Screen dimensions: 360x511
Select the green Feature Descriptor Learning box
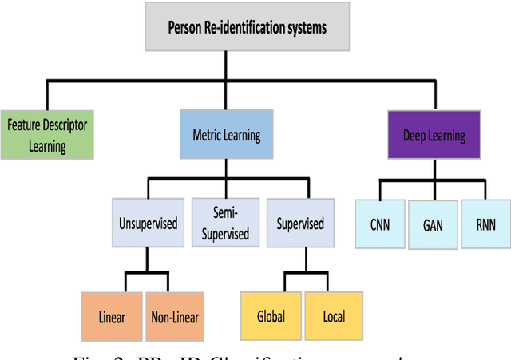tap(47, 135)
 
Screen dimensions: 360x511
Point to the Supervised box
tap(300, 224)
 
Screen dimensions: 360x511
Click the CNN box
tap(378, 224)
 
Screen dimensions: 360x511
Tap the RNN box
tap(485, 224)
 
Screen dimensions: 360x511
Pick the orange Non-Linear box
tap(175, 315)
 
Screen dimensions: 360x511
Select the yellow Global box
tap(271, 315)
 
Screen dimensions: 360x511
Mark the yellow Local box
tap(333, 315)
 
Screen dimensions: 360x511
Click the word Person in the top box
tap(186, 28)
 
